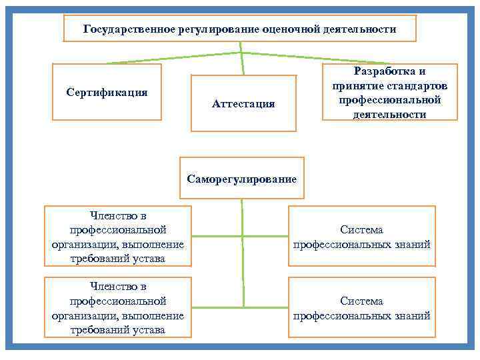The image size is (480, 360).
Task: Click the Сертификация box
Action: point(107,91)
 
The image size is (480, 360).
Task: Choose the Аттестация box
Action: point(243,103)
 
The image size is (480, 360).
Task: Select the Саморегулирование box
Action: point(241,178)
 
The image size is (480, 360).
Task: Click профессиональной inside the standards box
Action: point(389,100)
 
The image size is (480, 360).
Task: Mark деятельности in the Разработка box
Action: point(389,114)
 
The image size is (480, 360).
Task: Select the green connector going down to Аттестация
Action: point(242,64)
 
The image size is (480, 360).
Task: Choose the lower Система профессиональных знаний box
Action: point(361,308)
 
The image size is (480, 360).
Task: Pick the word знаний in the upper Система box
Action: point(411,244)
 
